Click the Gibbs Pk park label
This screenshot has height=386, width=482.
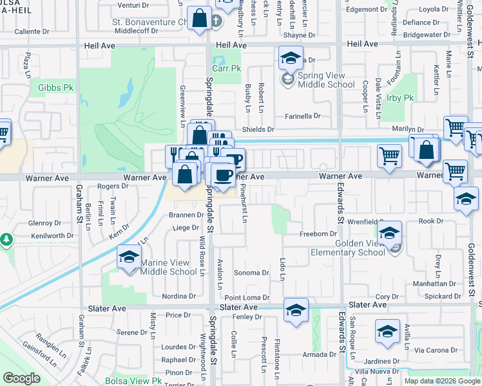click(x=57, y=87)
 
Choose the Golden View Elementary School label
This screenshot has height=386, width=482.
click(x=360, y=248)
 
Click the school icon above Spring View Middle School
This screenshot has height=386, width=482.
click(x=291, y=59)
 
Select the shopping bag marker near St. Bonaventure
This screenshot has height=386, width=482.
click(x=200, y=19)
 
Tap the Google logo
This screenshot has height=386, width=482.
click(x=21, y=378)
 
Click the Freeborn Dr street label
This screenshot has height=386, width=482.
click(x=319, y=234)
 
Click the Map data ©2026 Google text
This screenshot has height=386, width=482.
click(x=442, y=381)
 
